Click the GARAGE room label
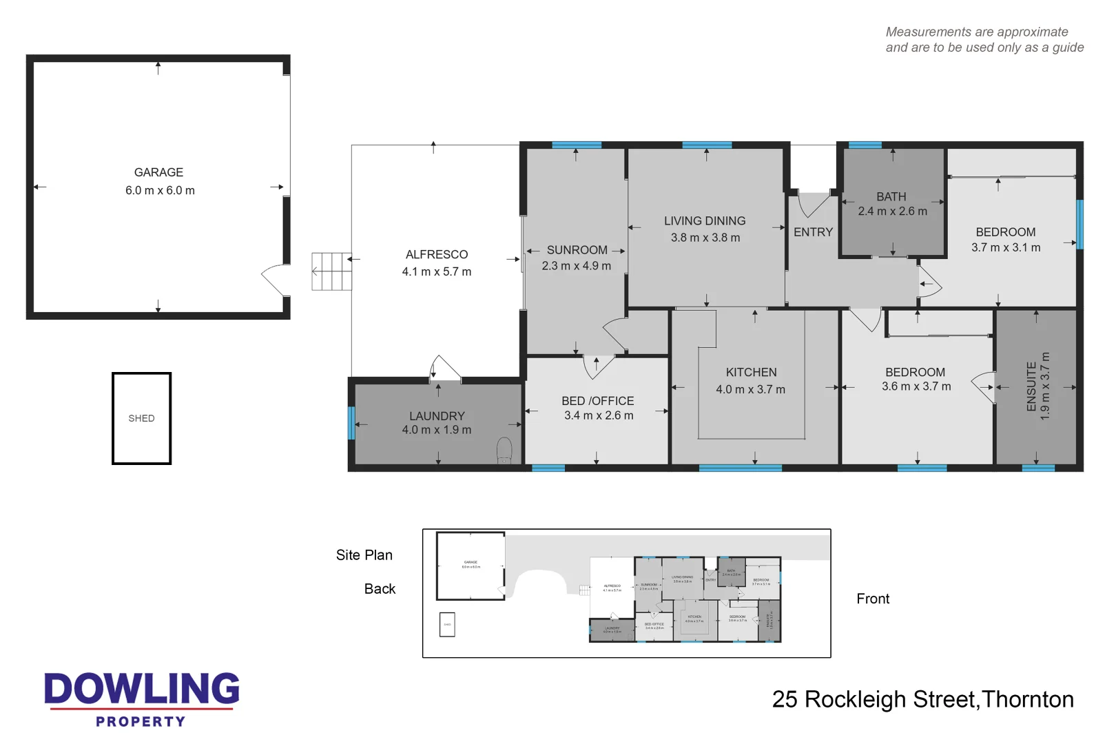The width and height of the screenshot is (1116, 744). pos(158,172)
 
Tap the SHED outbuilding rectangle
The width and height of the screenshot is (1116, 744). pos(141,418)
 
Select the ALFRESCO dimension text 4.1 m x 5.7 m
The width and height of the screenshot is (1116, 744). pos(437,271)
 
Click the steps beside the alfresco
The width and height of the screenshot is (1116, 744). pos(331,271)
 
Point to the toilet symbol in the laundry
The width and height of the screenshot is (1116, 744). pos(504,450)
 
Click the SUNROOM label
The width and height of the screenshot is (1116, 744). pos(577,250)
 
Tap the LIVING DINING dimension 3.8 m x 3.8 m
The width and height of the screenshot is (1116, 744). pos(705,238)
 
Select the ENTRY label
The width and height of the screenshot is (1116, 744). pos(813,232)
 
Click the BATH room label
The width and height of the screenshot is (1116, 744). pos(891,197)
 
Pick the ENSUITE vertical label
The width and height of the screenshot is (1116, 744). pos(1031,386)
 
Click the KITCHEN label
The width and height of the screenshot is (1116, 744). pos(751,372)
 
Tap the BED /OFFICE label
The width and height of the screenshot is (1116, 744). pos(597,401)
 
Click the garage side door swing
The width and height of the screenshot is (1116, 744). pos(275,279)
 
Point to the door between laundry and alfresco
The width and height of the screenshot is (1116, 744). pos(445,369)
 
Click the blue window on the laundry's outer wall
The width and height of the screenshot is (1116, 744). pos(351,422)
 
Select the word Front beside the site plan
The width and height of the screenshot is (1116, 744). pos(873,599)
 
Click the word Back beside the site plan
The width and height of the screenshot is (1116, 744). pos(380,589)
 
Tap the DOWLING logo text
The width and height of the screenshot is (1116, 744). pos(142,689)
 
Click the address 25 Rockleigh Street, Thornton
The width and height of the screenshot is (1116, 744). pos(922,699)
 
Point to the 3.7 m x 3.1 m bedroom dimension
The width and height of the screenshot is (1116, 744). pos(1006,247)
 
